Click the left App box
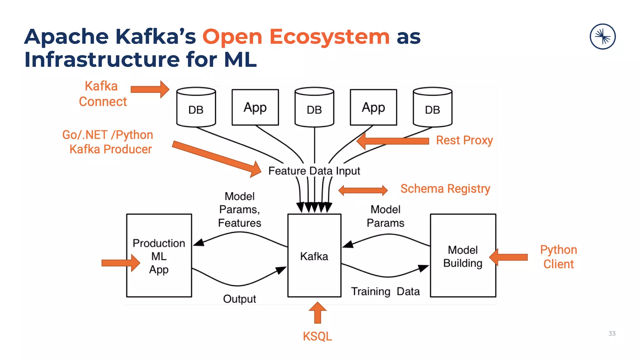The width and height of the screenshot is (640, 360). (x=255, y=107)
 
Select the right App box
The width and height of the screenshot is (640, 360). (x=373, y=107)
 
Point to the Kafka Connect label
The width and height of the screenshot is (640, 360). (x=102, y=94)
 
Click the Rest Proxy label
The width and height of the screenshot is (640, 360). (x=464, y=140)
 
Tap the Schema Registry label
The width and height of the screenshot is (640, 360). (x=445, y=189)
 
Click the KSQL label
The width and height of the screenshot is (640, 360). (x=317, y=336)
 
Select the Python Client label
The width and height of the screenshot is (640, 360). (x=558, y=257)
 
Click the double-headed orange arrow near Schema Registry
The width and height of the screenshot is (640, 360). (x=363, y=190)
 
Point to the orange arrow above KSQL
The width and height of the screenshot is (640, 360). (x=317, y=312)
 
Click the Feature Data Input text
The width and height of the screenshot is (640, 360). (x=314, y=171)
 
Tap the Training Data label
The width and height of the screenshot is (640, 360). (x=385, y=291)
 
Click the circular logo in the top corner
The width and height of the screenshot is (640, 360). (x=602, y=37)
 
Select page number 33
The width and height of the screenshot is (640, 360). (x=612, y=333)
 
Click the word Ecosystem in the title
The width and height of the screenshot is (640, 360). (x=329, y=37)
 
